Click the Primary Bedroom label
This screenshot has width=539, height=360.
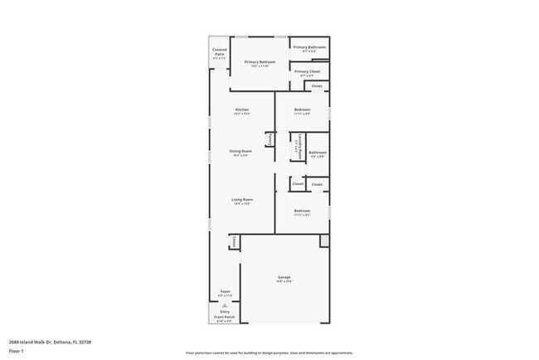(260, 62)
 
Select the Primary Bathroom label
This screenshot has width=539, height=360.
(310, 48)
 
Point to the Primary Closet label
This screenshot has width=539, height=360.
(308, 71)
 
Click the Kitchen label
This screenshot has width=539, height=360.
(242, 110)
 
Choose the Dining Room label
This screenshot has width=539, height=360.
(241, 151)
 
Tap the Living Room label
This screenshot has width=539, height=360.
(242, 200)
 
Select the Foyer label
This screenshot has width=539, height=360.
(225, 291)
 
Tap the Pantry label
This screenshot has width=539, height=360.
(270, 140)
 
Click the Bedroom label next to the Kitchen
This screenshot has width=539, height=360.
(302, 110)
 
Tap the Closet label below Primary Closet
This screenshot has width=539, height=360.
(317, 85)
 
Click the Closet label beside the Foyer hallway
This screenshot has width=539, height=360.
(234, 241)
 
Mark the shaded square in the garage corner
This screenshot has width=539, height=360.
(324, 241)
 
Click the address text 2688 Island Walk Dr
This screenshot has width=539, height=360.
(41, 341)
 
